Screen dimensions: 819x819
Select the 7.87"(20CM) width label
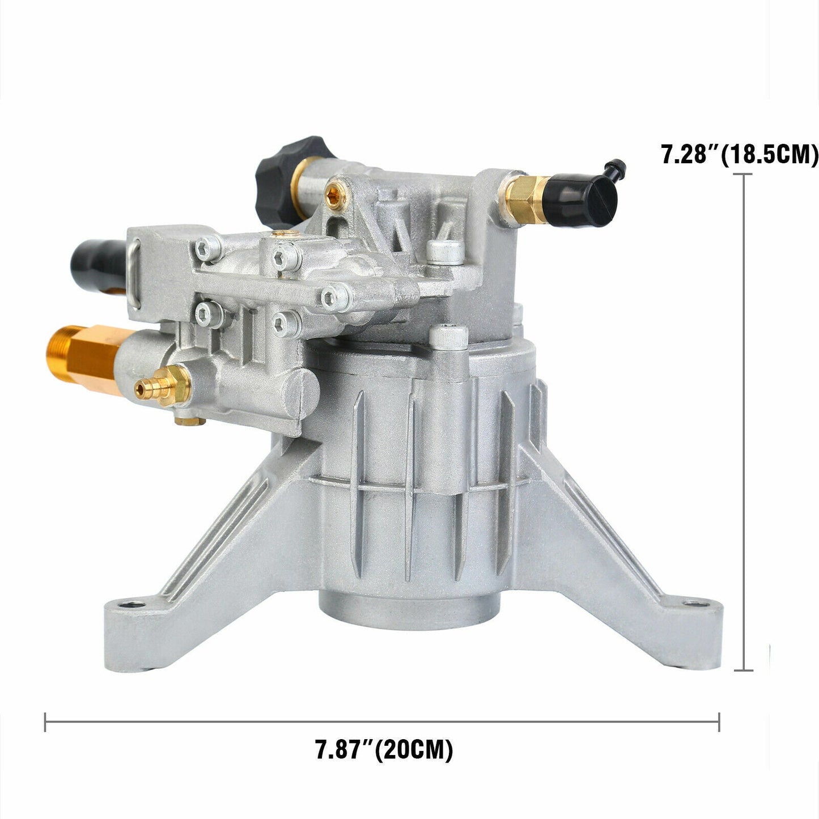click(x=384, y=750)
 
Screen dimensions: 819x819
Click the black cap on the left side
click(x=96, y=262)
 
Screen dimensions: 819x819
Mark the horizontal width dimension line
click(x=381, y=722)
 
